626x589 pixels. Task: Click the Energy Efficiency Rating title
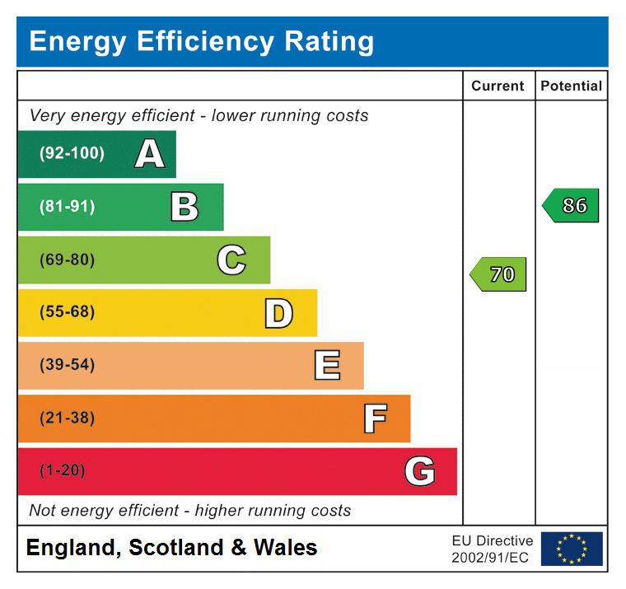[x=202, y=41]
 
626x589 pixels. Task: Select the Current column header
[x=498, y=86]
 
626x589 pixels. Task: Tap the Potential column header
[x=571, y=86]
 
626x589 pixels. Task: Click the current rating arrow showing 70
[x=498, y=274]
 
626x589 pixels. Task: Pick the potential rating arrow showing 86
[x=571, y=205]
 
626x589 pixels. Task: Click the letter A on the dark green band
[x=149, y=154]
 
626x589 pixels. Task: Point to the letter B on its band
[x=185, y=207]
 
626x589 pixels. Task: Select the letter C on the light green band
[x=231, y=260]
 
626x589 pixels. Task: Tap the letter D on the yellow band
[x=278, y=313]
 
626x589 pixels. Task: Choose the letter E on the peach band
[x=327, y=366]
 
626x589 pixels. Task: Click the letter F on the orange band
[x=375, y=418]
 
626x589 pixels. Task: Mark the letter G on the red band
[x=420, y=471]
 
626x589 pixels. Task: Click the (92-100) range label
[x=72, y=154]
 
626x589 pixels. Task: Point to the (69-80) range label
[x=67, y=260]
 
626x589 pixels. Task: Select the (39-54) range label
[x=67, y=366]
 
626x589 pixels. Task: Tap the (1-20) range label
[x=62, y=471]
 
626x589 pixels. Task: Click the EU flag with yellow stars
[x=572, y=549]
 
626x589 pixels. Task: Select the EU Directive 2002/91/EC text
[x=492, y=549]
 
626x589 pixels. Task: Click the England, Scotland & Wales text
[x=171, y=548]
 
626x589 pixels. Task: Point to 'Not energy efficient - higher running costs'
[x=189, y=511]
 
